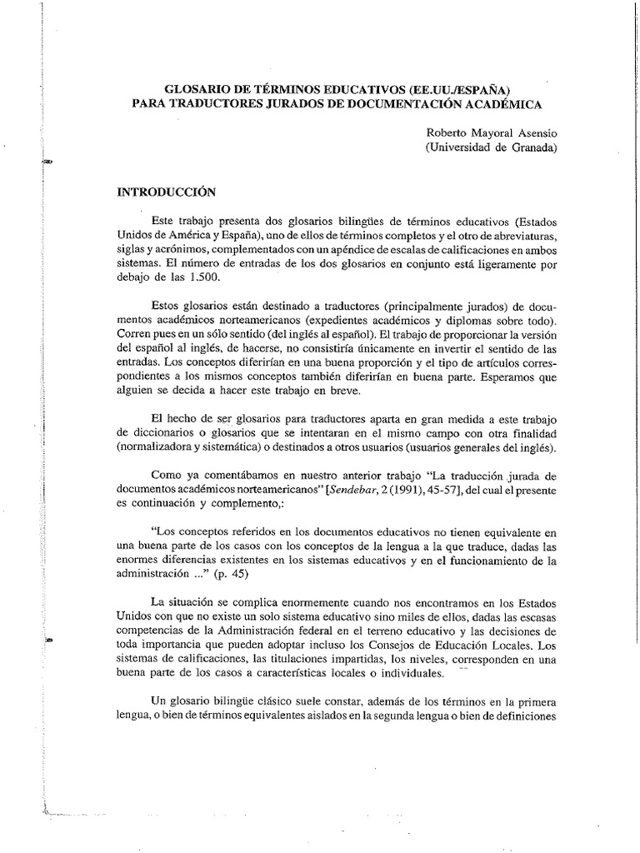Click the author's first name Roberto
click(x=449, y=132)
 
